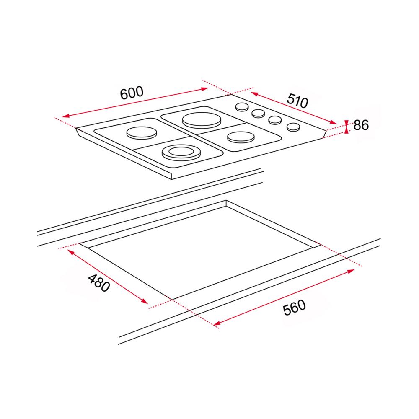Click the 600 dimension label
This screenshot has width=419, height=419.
pyautogui.click(x=132, y=93)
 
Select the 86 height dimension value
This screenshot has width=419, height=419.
pyautogui.click(x=361, y=125)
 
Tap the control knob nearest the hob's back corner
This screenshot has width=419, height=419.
pyautogui.click(x=242, y=107)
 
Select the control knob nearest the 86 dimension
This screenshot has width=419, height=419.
pyautogui.click(x=293, y=127)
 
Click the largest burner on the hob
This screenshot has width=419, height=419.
pyautogui.click(x=202, y=121)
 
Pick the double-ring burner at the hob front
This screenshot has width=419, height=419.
pyautogui.click(x=181, y=153)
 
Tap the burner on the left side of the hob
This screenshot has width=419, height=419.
pyautogui.click(x=142, y=133)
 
